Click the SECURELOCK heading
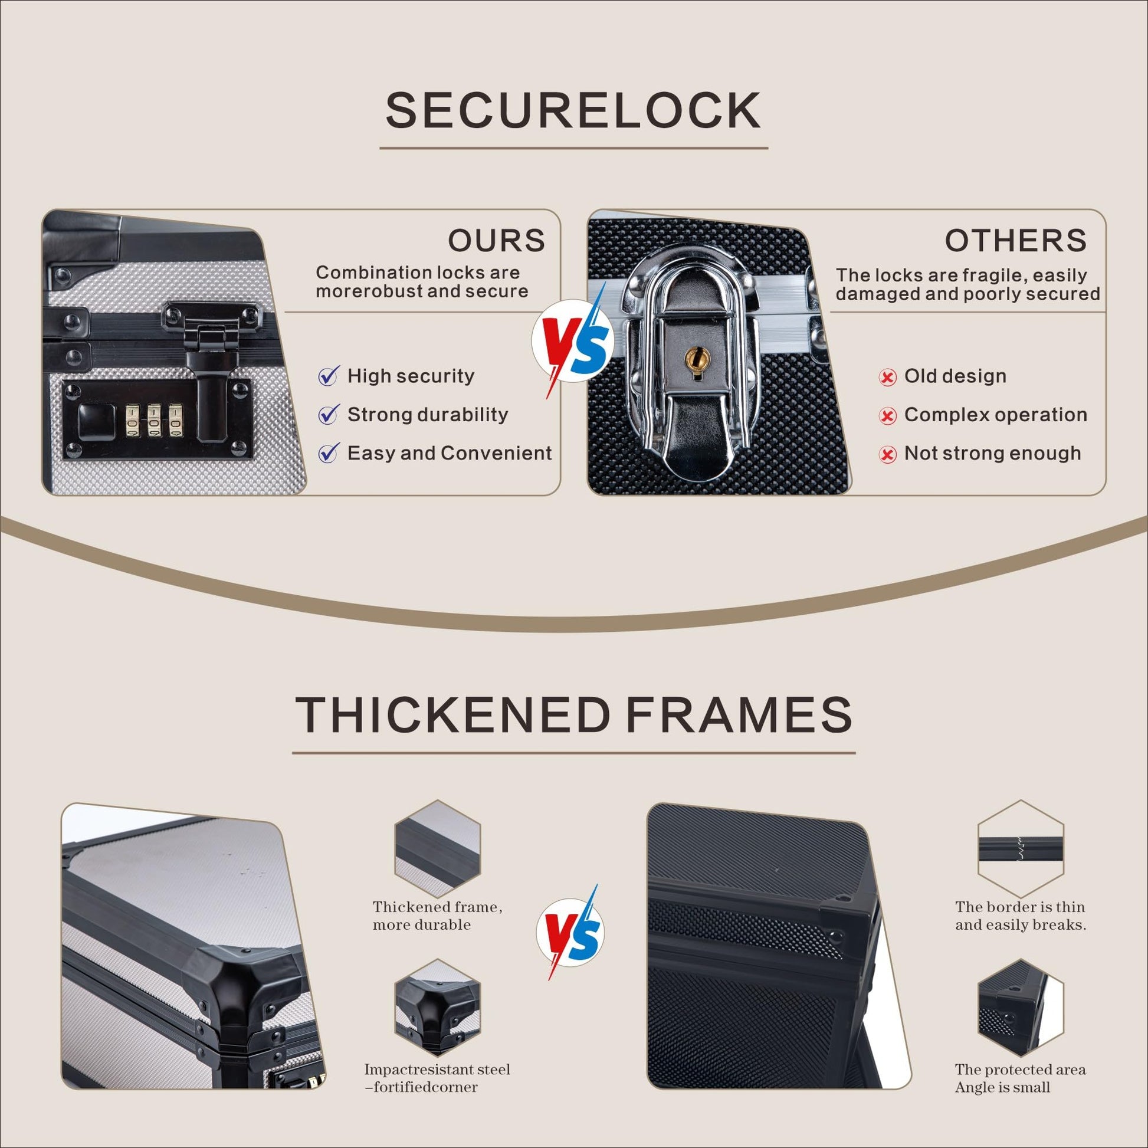pos(573,110)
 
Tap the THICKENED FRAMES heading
pos(573,715)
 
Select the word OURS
pos(496,241)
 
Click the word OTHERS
pos(1015,241)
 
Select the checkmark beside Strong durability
pos(329,414)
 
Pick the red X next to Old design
pos(887,378)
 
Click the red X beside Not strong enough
pos(887,455)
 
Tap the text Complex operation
pos(995,415)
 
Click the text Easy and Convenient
pos(449,454)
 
